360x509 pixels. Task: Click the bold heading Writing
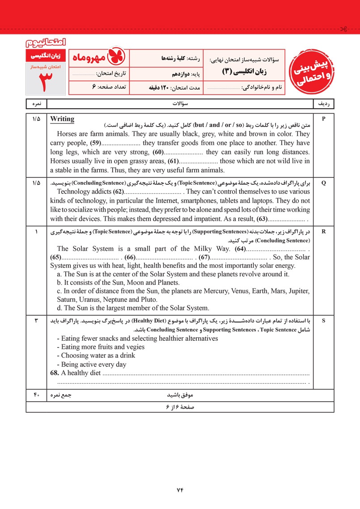pyautogui.click(x=62, y=119)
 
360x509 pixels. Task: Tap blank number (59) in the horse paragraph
pyautogui.click(x=94, y=143)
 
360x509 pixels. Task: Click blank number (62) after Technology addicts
pyautogui.click(x=118, y=192)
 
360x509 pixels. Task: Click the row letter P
pyautogui.click(x=324, y=119)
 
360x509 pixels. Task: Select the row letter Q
pyautogui.click(x=324, y=183)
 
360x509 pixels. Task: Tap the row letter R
pyautogui.click(x=324, y=231)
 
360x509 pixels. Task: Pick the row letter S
pyautogui.click(x=324, y=321)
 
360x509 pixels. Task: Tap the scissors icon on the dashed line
pyautogui.click(x=343, y=30)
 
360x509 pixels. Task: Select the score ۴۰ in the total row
pyautogui.click(x=36, y=395)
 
